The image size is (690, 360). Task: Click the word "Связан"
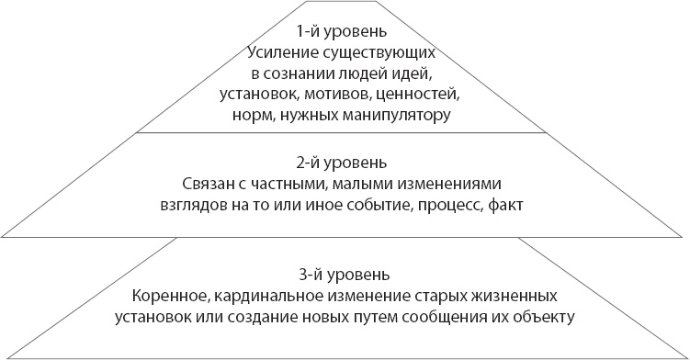(x=209, y=182)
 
